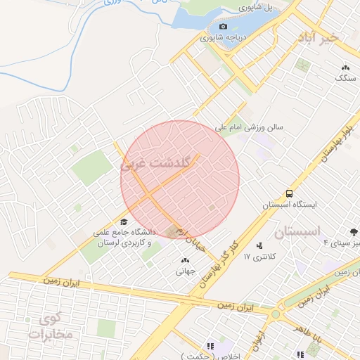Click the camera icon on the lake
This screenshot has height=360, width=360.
click(224, 27)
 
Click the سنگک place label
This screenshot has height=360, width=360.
click(345, 78)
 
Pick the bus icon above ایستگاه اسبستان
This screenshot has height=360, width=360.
click(289, 193)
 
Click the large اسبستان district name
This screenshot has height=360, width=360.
click(297, 231)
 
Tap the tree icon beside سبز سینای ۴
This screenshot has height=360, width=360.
click(352, 232)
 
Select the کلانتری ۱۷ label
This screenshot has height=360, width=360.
click(257, 257)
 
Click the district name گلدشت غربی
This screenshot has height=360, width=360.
click(154, 164)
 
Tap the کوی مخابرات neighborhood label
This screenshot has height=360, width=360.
click(52, 326)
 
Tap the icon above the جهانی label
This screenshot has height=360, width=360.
click(185, 260)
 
